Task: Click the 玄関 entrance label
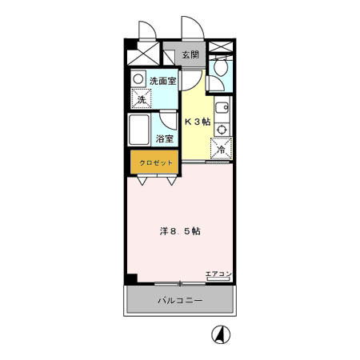point(190,55)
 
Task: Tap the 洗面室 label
point(163,81)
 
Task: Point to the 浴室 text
point(166,138)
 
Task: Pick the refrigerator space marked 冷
point(221,148)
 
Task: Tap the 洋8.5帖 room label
point(180,231)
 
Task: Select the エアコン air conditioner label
point(218,274)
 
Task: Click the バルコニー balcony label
point(179,301)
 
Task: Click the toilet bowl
point(221,69)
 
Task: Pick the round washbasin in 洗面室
point(139,80)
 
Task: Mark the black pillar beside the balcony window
point(131,279)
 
